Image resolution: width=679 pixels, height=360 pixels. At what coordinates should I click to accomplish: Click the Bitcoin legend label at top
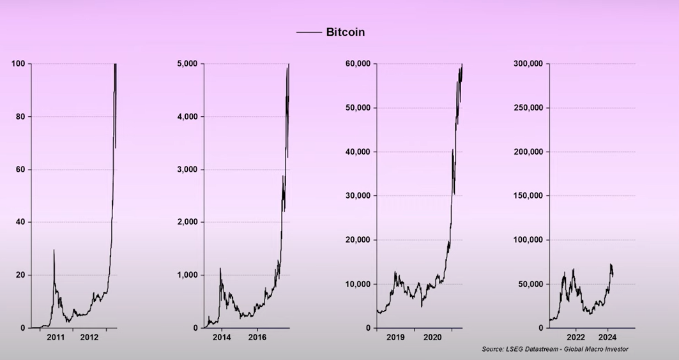pos(345,32)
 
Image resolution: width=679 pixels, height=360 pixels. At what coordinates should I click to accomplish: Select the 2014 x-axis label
pos(222,337)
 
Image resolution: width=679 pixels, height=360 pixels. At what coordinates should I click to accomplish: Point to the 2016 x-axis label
pos(257,337)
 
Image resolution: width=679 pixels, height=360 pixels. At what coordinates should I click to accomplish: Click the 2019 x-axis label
pos(395,337)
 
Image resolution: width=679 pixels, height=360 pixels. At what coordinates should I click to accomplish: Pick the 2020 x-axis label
pos(432,337)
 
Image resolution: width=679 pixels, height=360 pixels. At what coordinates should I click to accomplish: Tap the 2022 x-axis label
pos(575,337)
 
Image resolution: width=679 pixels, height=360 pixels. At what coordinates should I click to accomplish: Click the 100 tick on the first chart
pos(17,64)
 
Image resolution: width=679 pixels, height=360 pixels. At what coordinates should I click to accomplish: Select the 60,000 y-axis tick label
pos(356,64)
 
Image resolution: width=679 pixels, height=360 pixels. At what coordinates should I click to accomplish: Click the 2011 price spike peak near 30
pos(54,250)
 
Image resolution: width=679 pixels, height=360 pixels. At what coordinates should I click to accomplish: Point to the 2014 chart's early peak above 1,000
pos(220,269)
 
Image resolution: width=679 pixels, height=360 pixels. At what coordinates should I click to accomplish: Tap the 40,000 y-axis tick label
pos(356,152)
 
